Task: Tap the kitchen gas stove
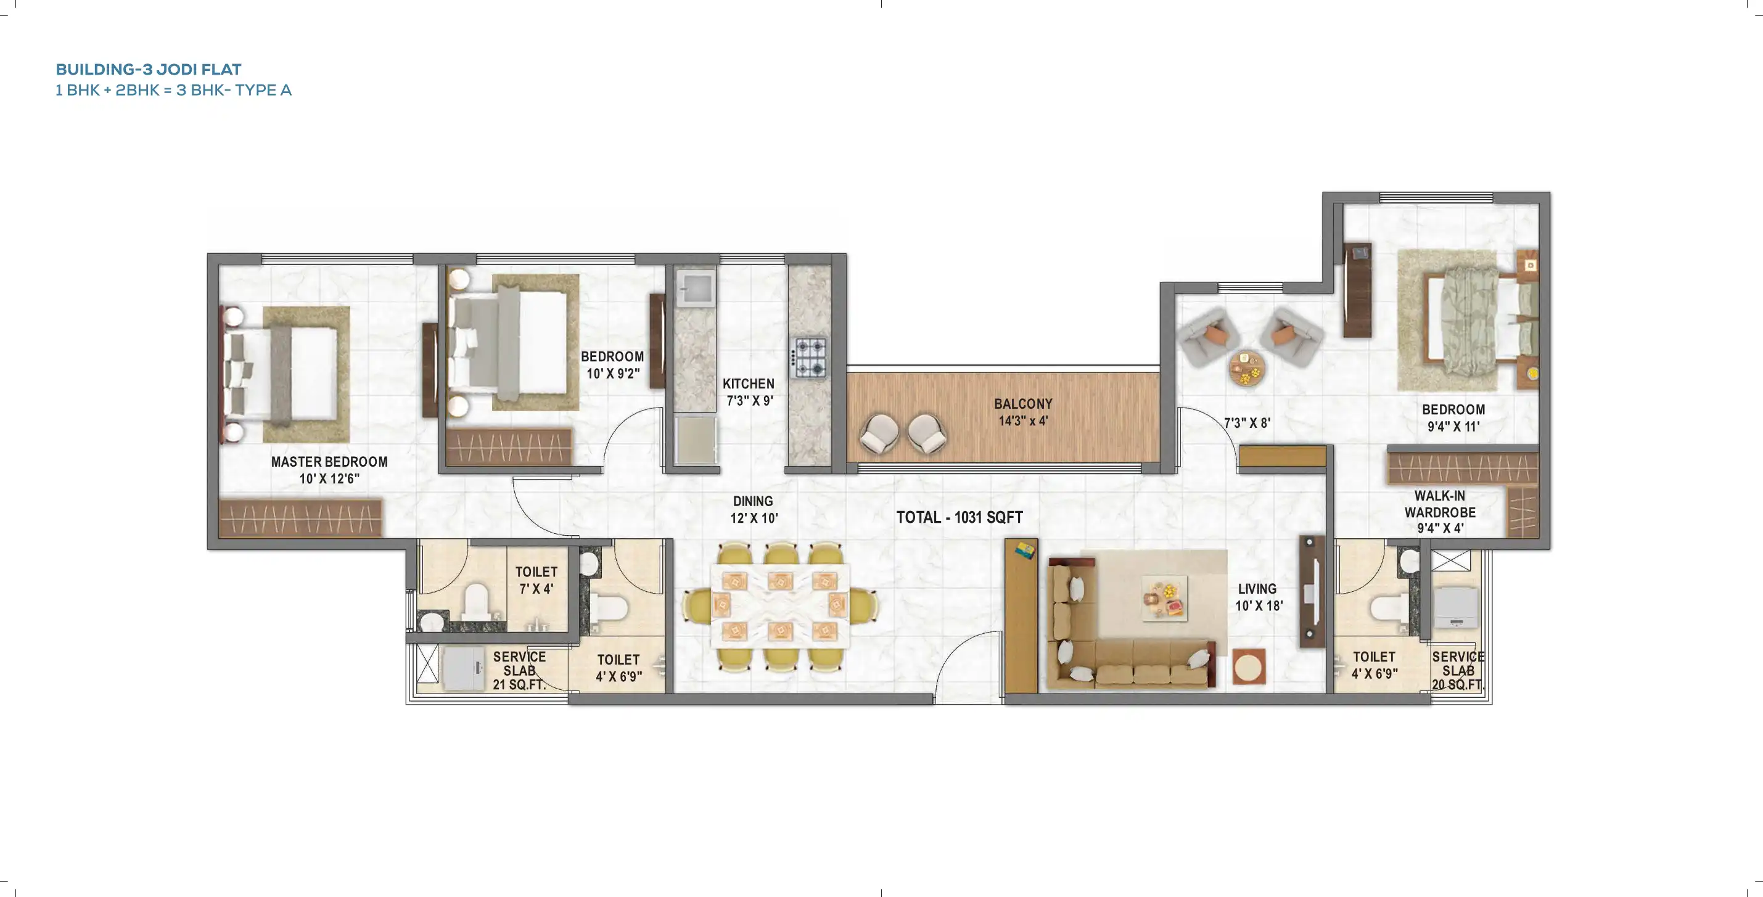(x=810, y=357)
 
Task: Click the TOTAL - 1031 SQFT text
(x=960, y=517)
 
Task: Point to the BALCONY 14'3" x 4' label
(x=1023, y=412)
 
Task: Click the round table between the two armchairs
(x=1247, y=369)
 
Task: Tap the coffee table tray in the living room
(x=1164, y=598)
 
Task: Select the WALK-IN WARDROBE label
(x=1440, y=511)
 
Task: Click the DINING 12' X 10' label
(x=753, y=509)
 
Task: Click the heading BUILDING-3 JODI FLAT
(x=148, y=69)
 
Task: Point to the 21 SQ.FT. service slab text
(x=519, y=684)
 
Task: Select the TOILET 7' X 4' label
(x=536, y=580)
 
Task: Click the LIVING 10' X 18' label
(x=1258, y=597)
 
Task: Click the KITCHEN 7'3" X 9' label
(x=749, y=391)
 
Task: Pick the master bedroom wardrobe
(x=300, y=518)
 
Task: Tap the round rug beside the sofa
(x=1249, y=666)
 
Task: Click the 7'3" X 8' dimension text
(x=1247, y=423)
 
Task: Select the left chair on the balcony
(x=879, y=432)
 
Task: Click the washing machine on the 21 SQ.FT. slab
(x=463, y=668)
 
